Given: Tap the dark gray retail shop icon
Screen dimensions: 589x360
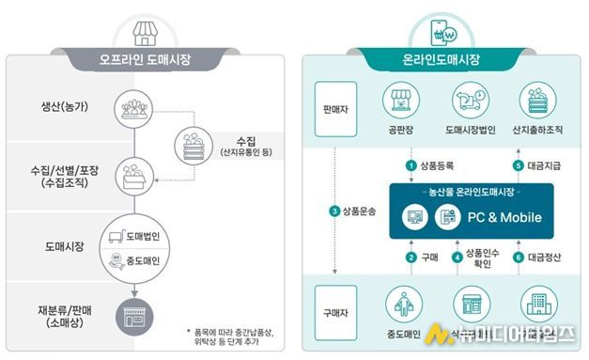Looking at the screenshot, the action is [x=134, y=315].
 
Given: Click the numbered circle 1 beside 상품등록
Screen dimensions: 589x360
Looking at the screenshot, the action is [x=410, y=165].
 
